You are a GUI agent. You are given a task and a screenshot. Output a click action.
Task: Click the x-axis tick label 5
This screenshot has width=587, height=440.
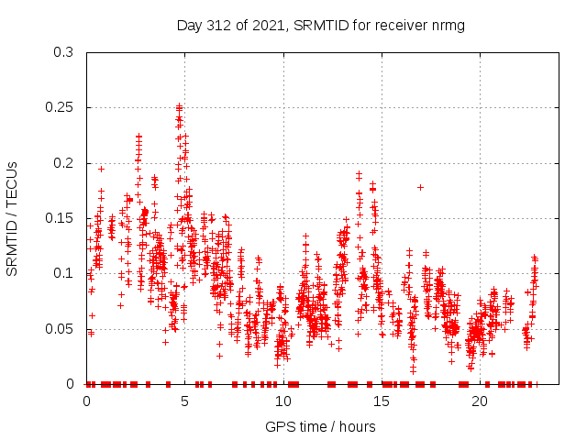(x=185, y=401)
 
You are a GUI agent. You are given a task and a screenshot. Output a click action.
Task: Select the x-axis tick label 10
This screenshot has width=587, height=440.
(x=283, y=401)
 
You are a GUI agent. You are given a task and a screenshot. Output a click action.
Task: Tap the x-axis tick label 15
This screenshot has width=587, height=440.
(x=382, y=401)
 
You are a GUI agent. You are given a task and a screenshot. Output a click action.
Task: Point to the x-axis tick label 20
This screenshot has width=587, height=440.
(x=480, y=401)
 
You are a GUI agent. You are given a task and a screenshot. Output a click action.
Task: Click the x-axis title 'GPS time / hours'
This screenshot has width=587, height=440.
(x=320, y=426)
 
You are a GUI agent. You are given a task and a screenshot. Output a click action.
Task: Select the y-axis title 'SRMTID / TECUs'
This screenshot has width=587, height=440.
(x=12, y=218)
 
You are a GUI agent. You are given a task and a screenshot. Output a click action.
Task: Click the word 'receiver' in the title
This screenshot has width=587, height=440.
(x=400, y=26)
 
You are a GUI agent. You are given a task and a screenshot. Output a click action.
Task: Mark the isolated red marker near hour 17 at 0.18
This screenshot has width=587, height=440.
(x=420, y=187)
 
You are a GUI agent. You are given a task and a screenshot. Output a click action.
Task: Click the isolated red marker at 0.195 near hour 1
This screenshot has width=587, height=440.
(x=101, y=169)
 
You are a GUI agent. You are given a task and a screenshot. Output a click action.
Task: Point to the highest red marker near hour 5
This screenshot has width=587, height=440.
(x=179, y=106)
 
